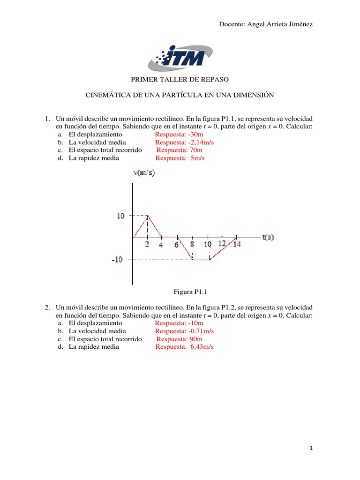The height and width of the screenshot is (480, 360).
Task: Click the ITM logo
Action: [180, 58]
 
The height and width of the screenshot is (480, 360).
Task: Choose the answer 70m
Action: [196, 150]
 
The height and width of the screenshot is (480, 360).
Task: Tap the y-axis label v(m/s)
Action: [144, 173]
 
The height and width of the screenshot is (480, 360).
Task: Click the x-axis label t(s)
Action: [268, 237]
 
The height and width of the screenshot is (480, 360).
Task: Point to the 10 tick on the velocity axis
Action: [120, 216]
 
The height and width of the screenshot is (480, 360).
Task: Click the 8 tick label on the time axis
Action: [192, 244]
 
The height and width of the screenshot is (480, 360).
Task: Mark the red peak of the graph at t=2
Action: [148, 216]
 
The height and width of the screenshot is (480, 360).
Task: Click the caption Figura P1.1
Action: [190, 292]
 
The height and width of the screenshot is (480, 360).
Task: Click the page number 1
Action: [311, 449]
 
